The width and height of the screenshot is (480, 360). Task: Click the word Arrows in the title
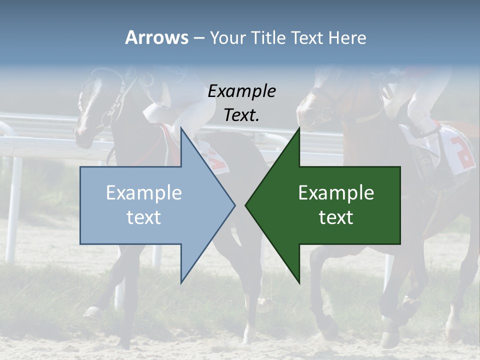click(x=156, y=37)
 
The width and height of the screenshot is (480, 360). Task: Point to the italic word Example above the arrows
click(x=241, y=91)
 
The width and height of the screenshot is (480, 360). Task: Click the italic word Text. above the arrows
click(x=241, y=115)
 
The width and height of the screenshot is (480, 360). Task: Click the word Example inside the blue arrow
click(x=144, y=193)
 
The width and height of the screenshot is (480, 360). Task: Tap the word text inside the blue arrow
click(x=144, y=217)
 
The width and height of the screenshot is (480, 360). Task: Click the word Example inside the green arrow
click(x=336, y=193)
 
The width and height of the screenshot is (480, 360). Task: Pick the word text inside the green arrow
click(x=336, y=217)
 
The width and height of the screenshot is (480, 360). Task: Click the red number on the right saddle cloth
click(x=462, y=150)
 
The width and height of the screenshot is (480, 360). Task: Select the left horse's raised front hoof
click(x=92, y=313)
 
